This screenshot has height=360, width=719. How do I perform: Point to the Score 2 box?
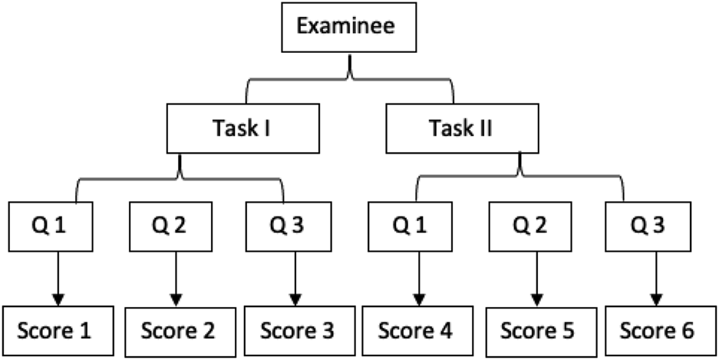(176, 331)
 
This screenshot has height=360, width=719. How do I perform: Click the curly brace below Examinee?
(350, 77)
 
